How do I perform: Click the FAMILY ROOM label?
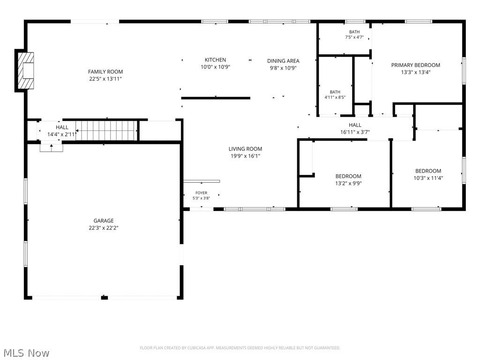click(x=105, y=72)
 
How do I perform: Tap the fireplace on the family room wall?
click(x=25, y=71)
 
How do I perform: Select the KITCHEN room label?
click(x=215, y=60)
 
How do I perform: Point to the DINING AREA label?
click(x=283, y=61)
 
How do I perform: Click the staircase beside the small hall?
click(x=106, y=131)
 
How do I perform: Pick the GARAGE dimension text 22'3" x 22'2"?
click(x=104, y=228)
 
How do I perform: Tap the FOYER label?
click(x=202, y=193)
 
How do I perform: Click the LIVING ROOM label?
click(x=245, y=149)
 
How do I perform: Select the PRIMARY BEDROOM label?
click(x=415, y=65)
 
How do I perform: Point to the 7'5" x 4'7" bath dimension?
click(x=354, y=37)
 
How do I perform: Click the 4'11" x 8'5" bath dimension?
click(x=335, y=97)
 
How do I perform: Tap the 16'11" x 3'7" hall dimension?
click(x=355, y=132)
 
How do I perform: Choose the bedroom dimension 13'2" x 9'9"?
click(x=348, y=183)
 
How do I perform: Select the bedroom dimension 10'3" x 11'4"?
click(x=428, y=178)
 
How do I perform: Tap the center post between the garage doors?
click(x=105, y=297)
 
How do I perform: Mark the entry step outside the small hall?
click(x=52, y=148)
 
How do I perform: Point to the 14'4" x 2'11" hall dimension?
click(x=62, y=135)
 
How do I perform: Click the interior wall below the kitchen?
click(x=216, y=98)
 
